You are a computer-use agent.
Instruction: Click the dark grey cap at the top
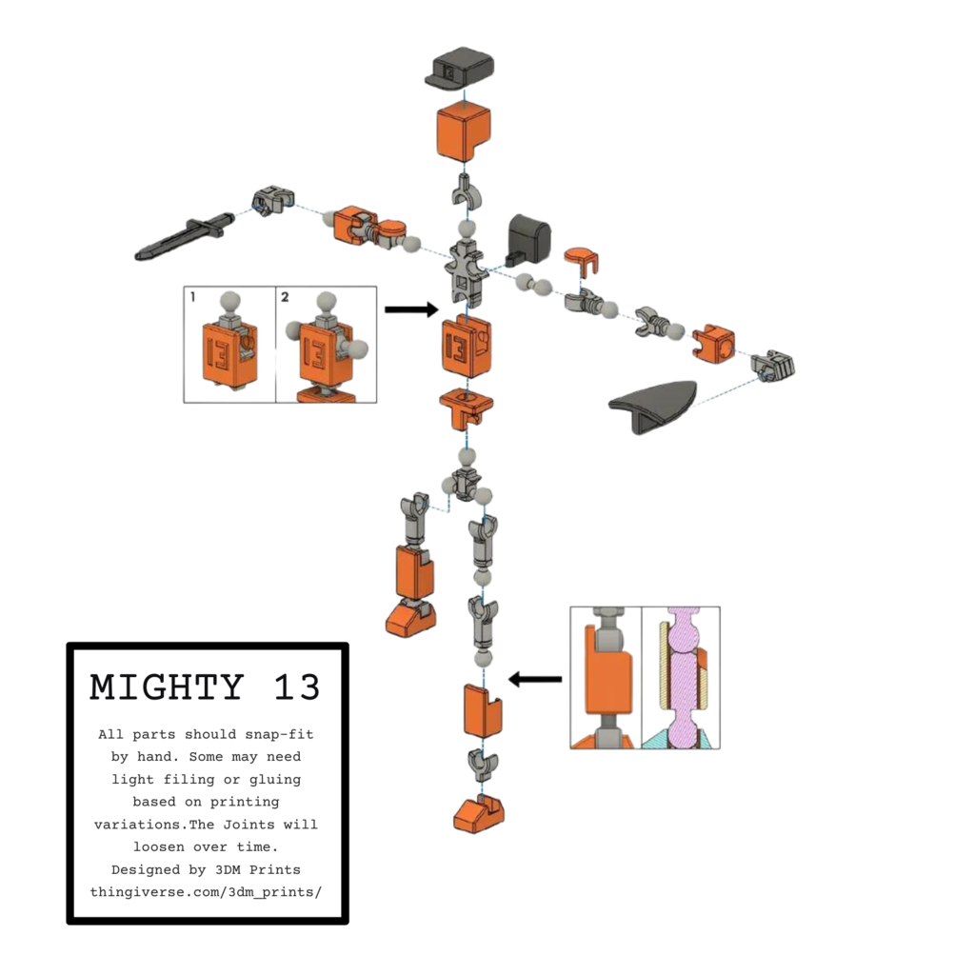(x=461, y=68)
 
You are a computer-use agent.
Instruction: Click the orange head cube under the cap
(x=464, y=131)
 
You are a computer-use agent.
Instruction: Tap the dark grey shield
(x=652, y=405)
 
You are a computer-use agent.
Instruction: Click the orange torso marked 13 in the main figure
(x=466, y=347)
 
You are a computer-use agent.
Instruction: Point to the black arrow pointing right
(x=411, y=309)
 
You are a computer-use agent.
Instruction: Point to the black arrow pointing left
(x=535, y=679)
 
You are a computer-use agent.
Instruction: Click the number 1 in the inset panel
(x=192, y=297)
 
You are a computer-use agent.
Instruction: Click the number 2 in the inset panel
(x=285, y=297)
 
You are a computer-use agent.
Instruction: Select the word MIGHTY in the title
(x=167, y=687)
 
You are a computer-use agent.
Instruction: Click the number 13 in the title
(x=297, y=687)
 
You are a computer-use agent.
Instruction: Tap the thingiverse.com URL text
(x=206, y=892)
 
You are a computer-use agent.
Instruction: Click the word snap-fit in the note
(x=279, y=734)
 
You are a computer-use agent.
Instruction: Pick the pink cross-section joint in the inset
(x=682, y=678)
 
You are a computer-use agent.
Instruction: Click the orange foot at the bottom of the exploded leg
(x=478, y=814)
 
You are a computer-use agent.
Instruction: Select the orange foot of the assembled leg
(x=410, y=619)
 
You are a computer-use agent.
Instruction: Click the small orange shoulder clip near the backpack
(x=582, y=260)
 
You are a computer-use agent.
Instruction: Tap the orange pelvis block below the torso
(x=467, y=408)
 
